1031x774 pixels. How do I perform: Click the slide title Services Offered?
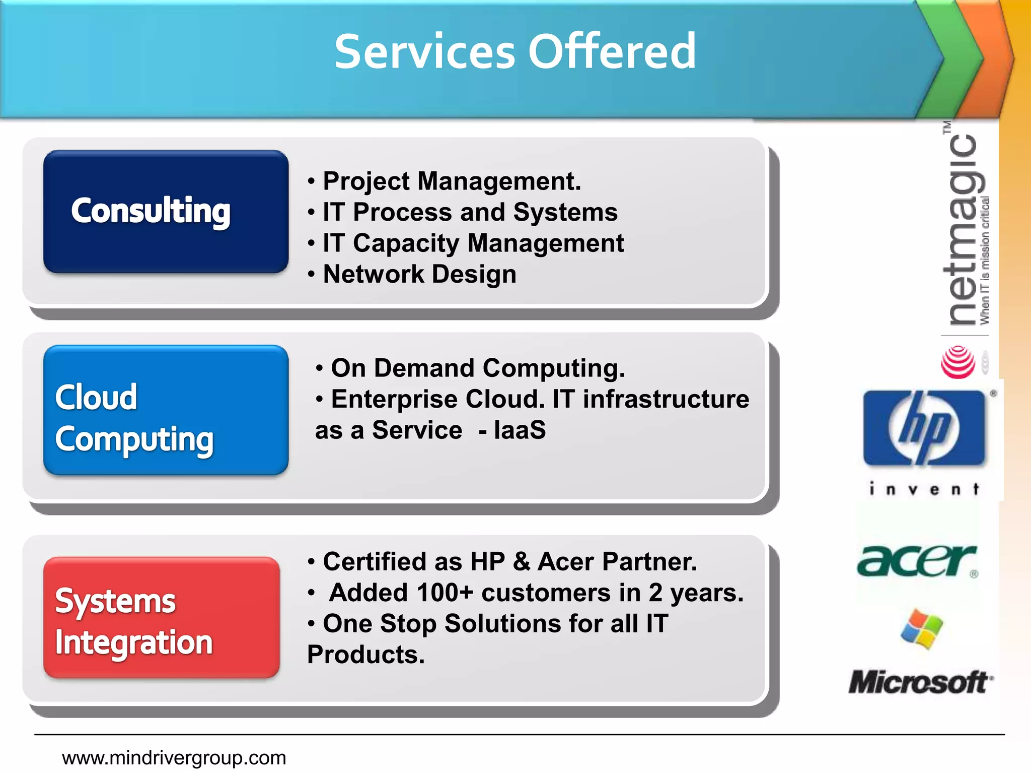[515, 51]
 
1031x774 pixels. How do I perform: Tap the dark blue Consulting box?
[166, 212]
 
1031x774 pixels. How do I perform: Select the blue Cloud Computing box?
[166, 410]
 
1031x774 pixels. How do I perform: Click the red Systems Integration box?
[162, 617]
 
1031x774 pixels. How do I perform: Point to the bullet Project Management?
[452, 181]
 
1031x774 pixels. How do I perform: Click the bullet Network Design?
[419, 275]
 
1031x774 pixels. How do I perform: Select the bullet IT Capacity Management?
[473, 243]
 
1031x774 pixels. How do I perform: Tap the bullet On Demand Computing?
[477, 368]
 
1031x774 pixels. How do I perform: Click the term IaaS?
[520, 430]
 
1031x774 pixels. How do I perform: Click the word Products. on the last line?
[366, 655]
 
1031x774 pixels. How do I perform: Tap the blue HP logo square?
[924, 428]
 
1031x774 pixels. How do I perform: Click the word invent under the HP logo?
[924, 489]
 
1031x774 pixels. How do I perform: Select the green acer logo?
[917, 561]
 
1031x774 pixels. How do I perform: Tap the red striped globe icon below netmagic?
[958, 362]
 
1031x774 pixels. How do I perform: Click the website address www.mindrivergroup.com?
[174, 758]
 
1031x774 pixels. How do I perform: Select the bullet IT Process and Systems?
[470, 212]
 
